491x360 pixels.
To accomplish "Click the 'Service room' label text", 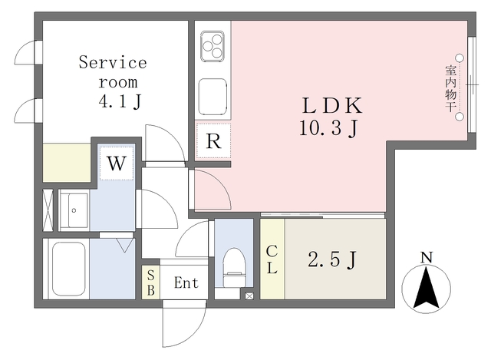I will [x=112, y=71].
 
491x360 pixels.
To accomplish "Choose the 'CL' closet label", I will [x=272, y=261].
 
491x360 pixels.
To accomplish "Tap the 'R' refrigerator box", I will [x=213, y=141].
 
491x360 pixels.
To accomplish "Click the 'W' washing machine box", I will [x=117, y=163].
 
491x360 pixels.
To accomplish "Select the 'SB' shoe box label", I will [x=150, y=282].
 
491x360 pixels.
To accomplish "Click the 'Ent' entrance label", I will [x=186, y=283].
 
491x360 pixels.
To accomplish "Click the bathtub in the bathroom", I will [x=68, y=269].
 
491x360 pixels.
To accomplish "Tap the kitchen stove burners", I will [x=212, y=47].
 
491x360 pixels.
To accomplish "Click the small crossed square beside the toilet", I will [x=249, y=295].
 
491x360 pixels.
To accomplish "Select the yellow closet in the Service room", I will [x=67, y=162].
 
